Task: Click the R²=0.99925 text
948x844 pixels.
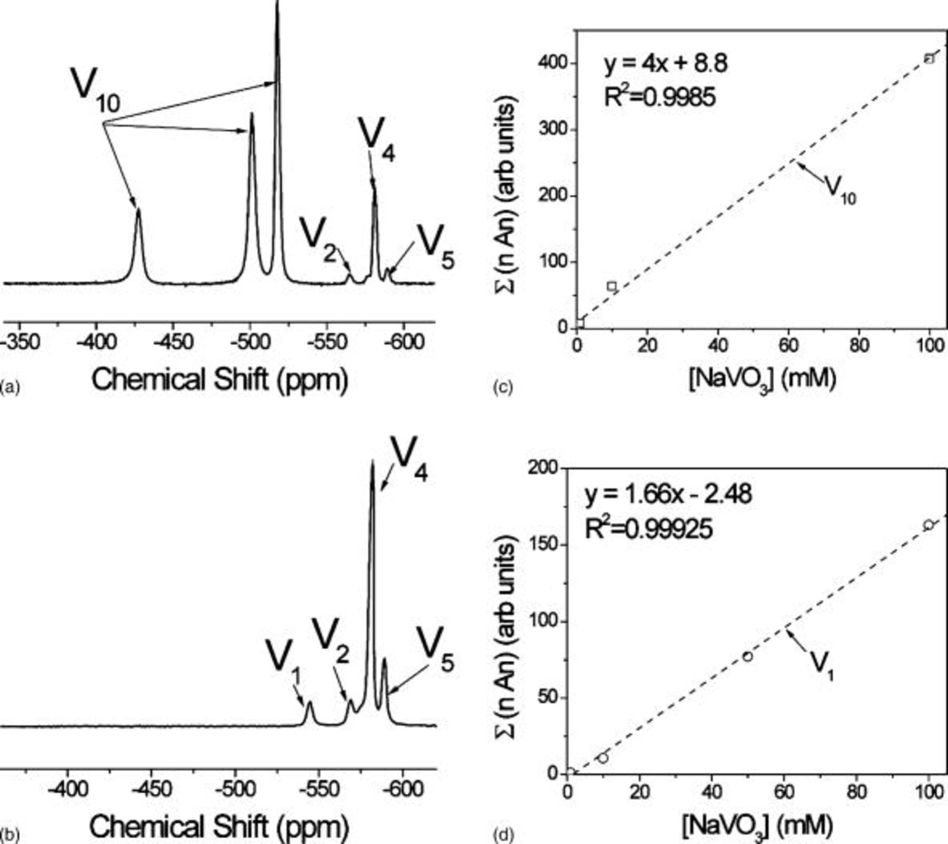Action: [648, 528]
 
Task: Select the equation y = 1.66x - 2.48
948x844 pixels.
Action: [668, 494]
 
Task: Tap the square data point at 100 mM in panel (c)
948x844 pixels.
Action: [930, 58]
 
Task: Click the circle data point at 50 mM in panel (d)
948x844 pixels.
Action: [747, 656]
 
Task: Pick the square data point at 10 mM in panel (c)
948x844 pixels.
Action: [611, 286]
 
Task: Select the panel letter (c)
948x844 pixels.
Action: [502, 388]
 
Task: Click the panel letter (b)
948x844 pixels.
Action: [9, 835]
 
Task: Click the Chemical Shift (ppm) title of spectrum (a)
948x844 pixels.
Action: [220, 379]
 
